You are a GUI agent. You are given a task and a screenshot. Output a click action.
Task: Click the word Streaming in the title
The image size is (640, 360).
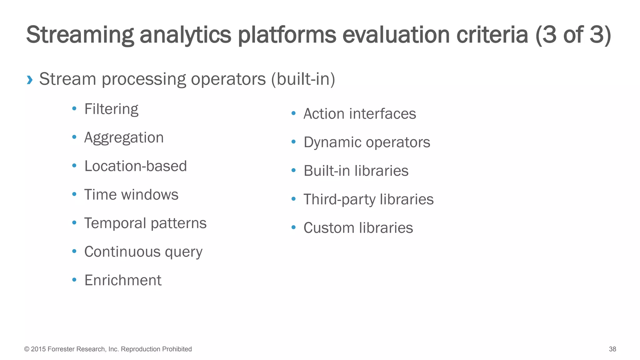coord(80,35)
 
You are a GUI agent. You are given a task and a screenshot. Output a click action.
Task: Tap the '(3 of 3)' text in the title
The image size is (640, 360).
coord(573,35)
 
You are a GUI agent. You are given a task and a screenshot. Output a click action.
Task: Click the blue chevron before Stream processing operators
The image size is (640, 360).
coord(30,80)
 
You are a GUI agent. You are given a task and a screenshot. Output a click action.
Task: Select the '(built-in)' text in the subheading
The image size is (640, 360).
coord(303,79)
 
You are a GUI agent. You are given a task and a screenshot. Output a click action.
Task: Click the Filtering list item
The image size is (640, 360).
coord(111,109)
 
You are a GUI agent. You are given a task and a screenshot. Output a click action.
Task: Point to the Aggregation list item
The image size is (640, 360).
coord(124,138)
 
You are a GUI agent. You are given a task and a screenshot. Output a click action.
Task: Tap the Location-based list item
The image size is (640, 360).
coord(135,166)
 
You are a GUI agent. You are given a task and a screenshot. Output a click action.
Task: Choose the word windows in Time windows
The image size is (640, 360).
coord(150,195)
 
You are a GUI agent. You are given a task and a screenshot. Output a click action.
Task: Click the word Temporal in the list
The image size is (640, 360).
coord(115,223)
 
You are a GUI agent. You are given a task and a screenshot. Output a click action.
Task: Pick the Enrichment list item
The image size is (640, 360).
coord(123,280)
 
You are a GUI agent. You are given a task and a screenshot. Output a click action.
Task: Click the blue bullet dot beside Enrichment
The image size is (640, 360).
coord(74,280)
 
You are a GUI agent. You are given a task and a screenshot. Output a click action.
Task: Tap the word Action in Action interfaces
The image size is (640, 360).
coord(323,114)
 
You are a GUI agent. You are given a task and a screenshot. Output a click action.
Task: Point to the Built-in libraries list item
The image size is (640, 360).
coord(356,171)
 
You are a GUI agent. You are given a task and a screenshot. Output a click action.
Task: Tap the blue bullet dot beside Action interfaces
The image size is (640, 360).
coord(293,113)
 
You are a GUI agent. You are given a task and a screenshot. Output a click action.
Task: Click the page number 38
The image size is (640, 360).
coord(612,349)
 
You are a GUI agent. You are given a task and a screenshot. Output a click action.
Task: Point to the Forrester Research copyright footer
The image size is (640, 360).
coord(108,349)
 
